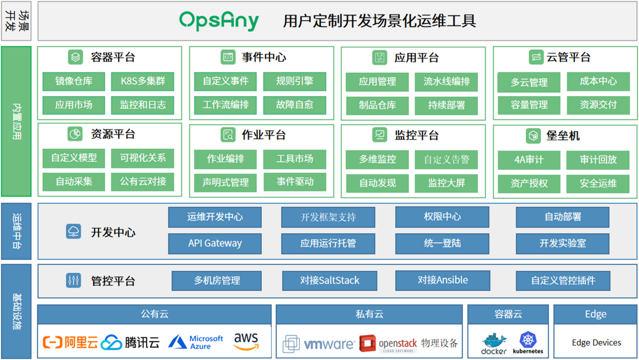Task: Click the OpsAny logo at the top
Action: (219, 21)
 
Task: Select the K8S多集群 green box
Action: (143, 82)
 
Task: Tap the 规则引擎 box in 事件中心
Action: (294, 82)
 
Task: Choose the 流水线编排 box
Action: (447, 82)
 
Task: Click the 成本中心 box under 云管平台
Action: (598, 82)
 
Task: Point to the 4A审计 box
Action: (529, 160)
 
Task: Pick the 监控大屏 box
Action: (447, 183)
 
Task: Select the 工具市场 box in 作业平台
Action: (294, 159)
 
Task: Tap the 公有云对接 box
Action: (143, 182)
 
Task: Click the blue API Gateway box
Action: (215, 243)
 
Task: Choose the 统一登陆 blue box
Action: (442, 243)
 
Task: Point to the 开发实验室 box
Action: (563, 243)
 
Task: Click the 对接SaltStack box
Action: (329, 280)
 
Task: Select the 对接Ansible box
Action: (442, 280)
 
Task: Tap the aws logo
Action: (246, 341)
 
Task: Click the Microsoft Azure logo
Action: (196, 342)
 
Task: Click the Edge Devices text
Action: (596, 343)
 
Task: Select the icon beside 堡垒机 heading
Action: (533, 136)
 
